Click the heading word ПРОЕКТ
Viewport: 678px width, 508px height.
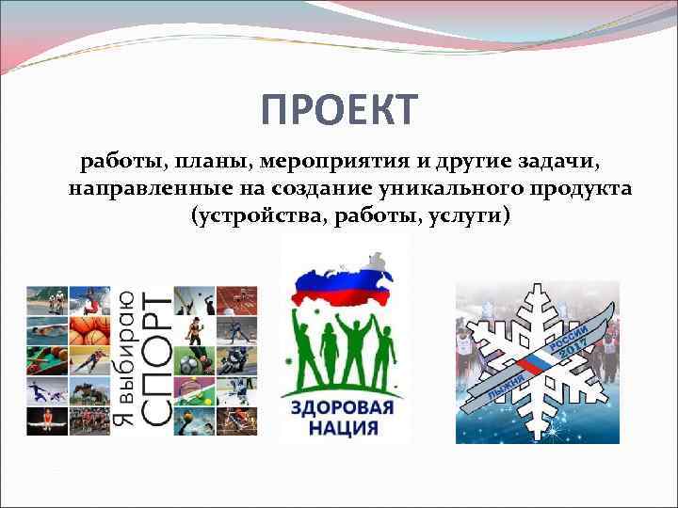[x=338, y=110]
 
